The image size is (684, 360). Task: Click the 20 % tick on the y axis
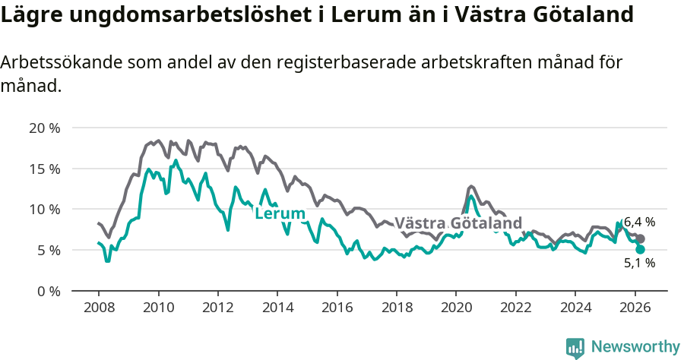(44, 128)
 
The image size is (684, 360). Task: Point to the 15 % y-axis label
(44, 169)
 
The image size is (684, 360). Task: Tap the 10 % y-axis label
(44, 209)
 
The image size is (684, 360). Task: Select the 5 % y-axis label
(47, 250)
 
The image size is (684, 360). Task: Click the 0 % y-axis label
(47, 291)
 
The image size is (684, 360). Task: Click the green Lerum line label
(280, 214)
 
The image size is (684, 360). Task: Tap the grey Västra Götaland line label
(459, 223)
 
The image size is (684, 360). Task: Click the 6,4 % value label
(639, 223)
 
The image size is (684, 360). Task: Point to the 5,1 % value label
(639, 264)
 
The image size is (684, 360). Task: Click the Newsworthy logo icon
(575, 348)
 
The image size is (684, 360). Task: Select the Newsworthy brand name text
(635, 347)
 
